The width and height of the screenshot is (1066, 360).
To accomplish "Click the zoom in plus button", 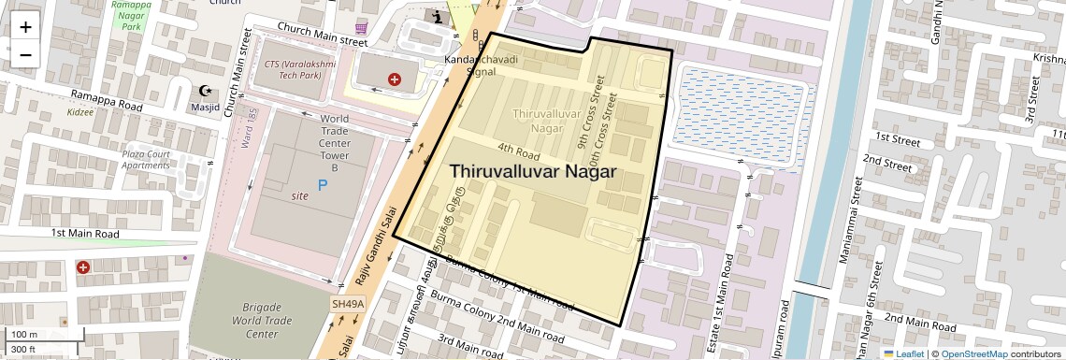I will click(25, 27).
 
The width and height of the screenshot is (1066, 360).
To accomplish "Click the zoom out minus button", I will click(25, 54).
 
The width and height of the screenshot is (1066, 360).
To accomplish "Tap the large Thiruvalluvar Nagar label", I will click(533, 171).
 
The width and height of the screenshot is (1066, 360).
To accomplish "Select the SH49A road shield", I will click(347, 305).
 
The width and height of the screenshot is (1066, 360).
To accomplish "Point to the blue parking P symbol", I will click(324, 185).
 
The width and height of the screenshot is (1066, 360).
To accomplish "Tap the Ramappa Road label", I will click(108, 100).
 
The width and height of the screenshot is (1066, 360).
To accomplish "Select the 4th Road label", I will click(519, 150).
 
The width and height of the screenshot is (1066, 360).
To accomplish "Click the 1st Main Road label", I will click(85, 233).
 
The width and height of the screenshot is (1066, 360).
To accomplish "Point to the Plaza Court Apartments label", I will click(146, 159).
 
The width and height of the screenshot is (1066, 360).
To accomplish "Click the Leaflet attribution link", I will click(905, 353).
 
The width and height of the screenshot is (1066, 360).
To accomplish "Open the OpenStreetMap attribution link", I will click(973, 353).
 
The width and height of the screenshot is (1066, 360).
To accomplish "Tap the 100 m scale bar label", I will click(24, 334).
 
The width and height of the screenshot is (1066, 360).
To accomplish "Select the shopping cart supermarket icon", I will click(361, 28).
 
